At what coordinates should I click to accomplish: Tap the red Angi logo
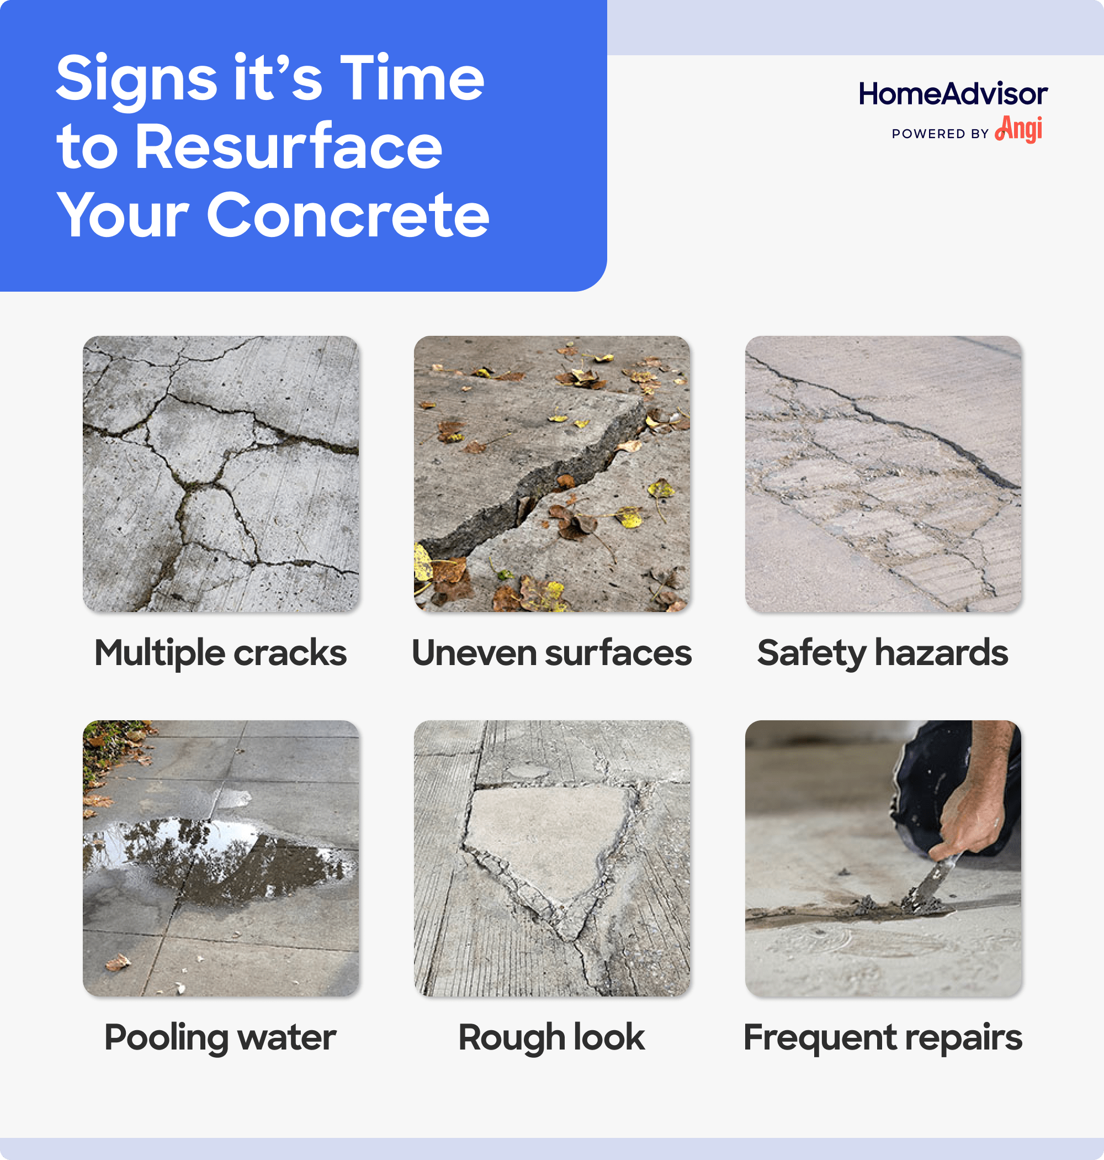1018,130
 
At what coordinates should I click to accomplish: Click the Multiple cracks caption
221,653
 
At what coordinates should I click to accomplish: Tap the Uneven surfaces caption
551,653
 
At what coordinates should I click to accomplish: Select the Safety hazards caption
883,653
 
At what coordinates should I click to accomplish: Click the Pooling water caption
220,1037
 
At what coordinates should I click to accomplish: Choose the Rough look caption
551,1037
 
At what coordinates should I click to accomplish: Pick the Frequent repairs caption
883,1037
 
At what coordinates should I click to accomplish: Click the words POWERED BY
940,134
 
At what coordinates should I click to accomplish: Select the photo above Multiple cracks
221,474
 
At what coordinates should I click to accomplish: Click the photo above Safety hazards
883,474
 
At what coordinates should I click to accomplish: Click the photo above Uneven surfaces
551,474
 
